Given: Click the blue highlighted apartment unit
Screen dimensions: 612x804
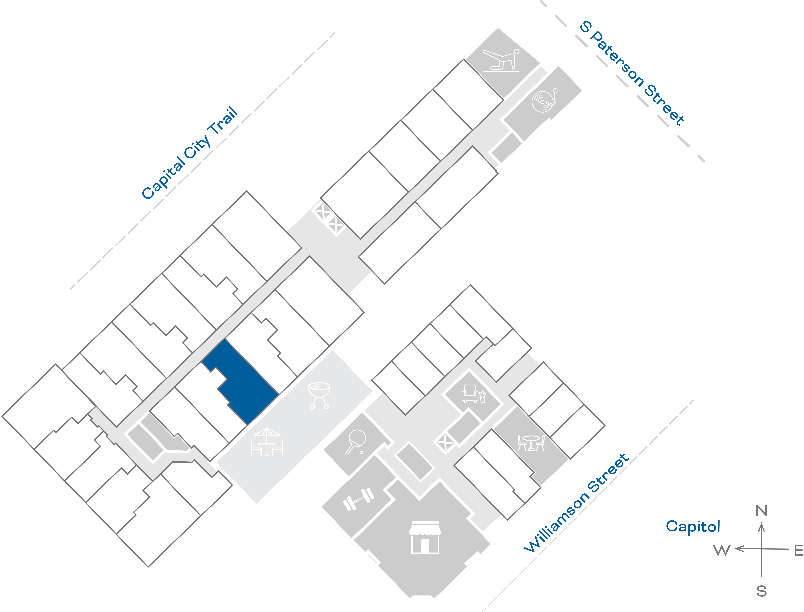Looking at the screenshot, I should pyautogui.click(x=244, y=382).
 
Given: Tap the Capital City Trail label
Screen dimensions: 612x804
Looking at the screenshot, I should pyautogui.click(x=189, y=153).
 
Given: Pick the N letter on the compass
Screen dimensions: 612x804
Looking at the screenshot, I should pyautogui.click(x=761, y=511).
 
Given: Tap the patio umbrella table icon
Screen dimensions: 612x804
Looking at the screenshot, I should pyautogui.click(x=267, y=442).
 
